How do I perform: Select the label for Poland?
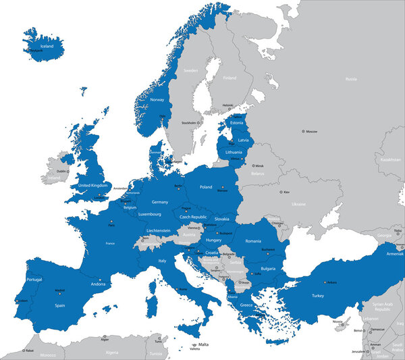point(206,186)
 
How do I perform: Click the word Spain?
point(60,305)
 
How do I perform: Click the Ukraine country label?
point(298,204)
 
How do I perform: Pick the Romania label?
point(253,240)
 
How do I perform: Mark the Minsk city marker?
point(254,165)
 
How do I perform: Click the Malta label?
point(203,344)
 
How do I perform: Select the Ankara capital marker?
point(325,282)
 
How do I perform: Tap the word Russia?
point(350,79)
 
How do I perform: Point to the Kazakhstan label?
point(390,159)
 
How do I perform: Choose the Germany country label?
point(160,202)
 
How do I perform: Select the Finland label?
point(230,78)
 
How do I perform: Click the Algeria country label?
point(112,352)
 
